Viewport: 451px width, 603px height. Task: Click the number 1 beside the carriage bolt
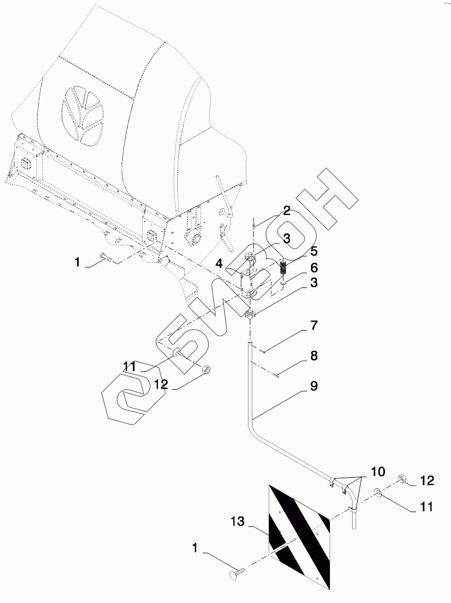(x=195, y=548)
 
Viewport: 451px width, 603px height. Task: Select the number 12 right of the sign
(x=427, y=481)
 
